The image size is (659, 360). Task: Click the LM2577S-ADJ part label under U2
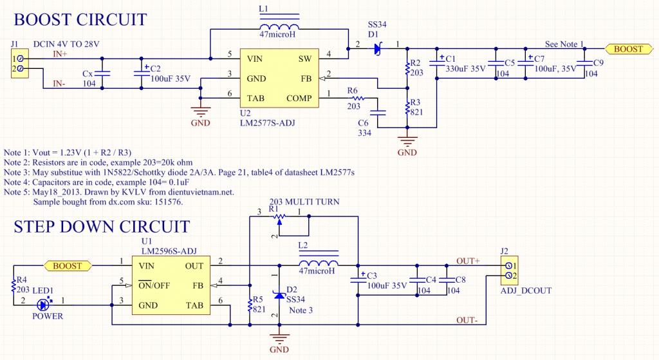267,123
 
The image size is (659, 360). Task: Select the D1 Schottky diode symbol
377,49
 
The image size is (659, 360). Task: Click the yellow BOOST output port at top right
628,49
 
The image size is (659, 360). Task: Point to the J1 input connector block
19,64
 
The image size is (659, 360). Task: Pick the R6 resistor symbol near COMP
356,99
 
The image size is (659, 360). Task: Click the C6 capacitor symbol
377,112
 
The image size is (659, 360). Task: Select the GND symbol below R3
407,140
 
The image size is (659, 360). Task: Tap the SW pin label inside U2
305,59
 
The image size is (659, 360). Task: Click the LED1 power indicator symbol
42,305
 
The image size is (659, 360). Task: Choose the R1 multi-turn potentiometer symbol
279,218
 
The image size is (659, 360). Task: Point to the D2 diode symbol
279,295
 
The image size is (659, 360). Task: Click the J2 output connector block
510,271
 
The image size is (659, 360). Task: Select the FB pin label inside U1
198,285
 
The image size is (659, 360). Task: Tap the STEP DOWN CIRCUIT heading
102,227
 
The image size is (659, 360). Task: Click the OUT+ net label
468,261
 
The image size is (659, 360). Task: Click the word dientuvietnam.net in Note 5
201,192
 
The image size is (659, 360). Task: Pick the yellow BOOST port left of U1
67,266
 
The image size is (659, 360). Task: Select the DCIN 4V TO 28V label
66,44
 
